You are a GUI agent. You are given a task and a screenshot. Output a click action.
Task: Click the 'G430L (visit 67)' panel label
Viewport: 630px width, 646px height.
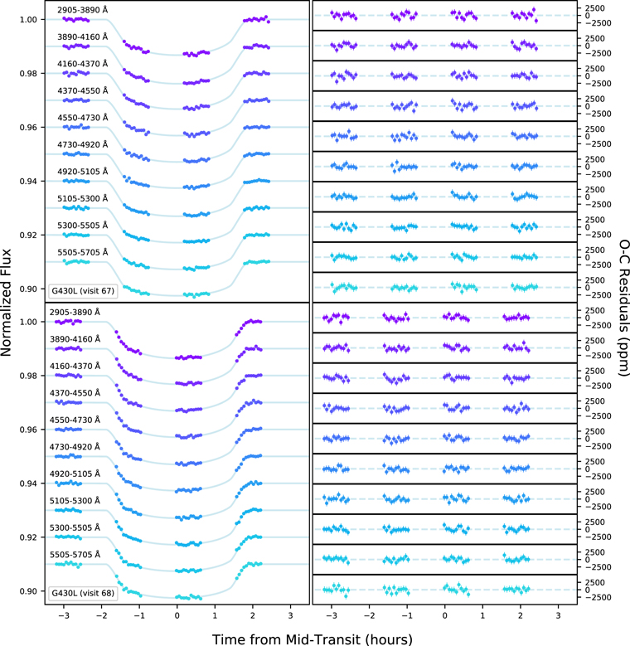click(x=82, y=291)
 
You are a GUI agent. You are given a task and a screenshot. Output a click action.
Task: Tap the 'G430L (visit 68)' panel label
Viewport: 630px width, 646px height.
click(x=82, y=593)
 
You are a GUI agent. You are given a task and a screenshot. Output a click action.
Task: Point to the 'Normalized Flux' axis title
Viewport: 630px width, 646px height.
click(x=6, y=303)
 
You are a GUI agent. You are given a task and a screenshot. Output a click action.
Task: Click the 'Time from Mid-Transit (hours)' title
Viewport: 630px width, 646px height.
click(x=313, y=639)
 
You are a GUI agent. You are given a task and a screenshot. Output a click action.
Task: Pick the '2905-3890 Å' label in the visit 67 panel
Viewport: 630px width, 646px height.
click(x=82, y=10)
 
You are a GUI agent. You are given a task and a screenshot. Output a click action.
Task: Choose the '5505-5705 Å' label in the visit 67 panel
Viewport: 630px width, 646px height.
click(x=82, y=252)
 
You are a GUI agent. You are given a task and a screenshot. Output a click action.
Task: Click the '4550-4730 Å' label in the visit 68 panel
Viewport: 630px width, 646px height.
click(x=75, y=420)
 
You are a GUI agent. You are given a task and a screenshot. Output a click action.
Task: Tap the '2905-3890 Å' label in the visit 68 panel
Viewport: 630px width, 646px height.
click(x=75, y=313)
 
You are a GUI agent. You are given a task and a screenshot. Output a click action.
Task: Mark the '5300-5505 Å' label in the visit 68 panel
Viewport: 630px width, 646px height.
click(x=75, y=527)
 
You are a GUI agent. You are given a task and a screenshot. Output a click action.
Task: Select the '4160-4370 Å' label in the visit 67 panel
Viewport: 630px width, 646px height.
click(x=82, y=64)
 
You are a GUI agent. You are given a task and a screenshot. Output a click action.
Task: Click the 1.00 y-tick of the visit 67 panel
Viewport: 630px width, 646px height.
click(x=28, y=20)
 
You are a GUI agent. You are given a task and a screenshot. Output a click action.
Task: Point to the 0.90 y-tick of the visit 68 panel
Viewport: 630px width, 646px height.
click(x=28, y=591)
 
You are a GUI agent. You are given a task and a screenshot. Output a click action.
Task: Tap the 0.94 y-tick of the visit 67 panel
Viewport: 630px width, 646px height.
click(x=28, y=182)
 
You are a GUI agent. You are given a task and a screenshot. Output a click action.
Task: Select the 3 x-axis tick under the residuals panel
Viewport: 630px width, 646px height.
click(x=559, y=616)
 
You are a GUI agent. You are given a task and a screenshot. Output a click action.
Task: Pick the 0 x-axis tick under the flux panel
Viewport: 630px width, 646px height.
click(x=177, y=616)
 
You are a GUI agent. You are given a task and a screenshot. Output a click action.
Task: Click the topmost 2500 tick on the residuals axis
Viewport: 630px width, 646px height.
click(x=595, y=8)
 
